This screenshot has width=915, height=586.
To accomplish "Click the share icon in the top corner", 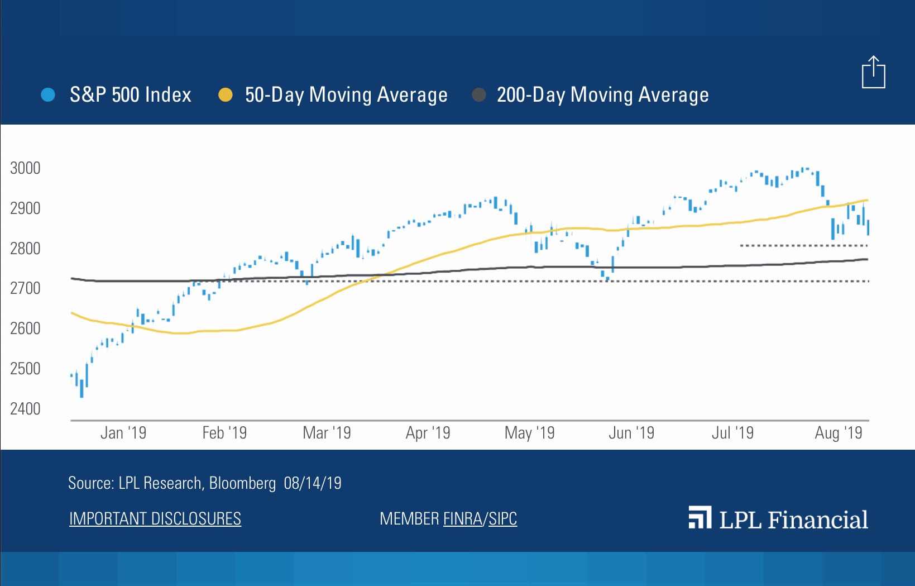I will pos(873,73).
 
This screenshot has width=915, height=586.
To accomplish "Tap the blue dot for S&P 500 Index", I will pos(48,95).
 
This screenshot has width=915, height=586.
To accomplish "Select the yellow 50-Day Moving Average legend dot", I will pos(225,95).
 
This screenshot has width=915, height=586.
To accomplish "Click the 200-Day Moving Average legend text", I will pos(602,95).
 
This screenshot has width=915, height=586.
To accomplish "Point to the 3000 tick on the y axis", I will pos(25,168).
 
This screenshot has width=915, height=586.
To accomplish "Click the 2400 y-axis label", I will pos(25,409).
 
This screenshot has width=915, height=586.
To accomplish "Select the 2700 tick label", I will pos(25,288).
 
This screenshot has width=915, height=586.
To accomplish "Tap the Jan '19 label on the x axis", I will pos(123,433).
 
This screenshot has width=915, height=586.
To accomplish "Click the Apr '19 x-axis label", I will pos(428,433).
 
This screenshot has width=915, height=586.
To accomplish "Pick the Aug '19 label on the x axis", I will pos(838,433).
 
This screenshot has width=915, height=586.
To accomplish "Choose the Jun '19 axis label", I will pos(631,433).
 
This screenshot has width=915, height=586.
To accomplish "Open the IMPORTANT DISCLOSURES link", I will pos(155,519).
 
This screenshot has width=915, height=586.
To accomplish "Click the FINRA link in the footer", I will pos(462,519).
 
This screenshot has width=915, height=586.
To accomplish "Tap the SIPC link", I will pos(502,519).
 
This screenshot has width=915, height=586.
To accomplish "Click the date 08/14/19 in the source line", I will pos(312,483).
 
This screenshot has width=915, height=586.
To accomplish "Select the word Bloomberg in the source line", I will pos(242,483).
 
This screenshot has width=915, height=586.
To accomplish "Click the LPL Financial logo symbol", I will pos(700,518).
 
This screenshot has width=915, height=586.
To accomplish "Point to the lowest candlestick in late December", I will pos(82,388).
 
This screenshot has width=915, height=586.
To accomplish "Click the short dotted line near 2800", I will pos(803,245).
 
